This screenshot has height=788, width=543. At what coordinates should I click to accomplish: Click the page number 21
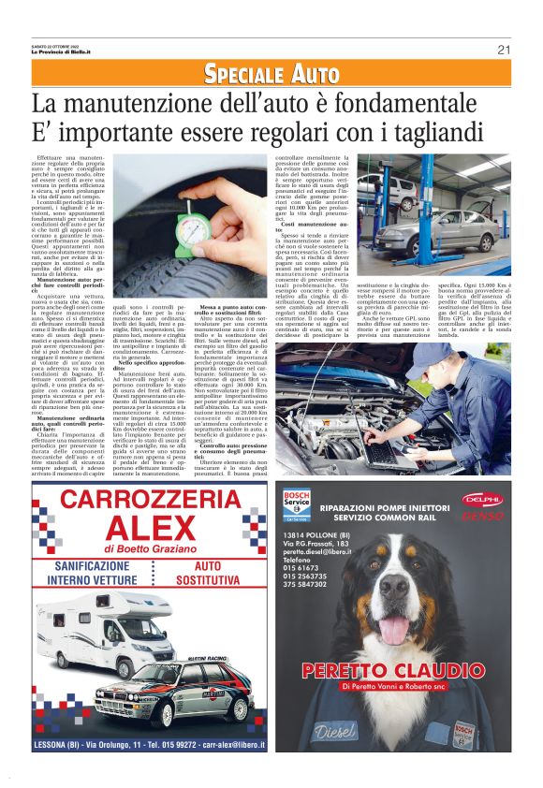pyautogui.click(x=503, y=50)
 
